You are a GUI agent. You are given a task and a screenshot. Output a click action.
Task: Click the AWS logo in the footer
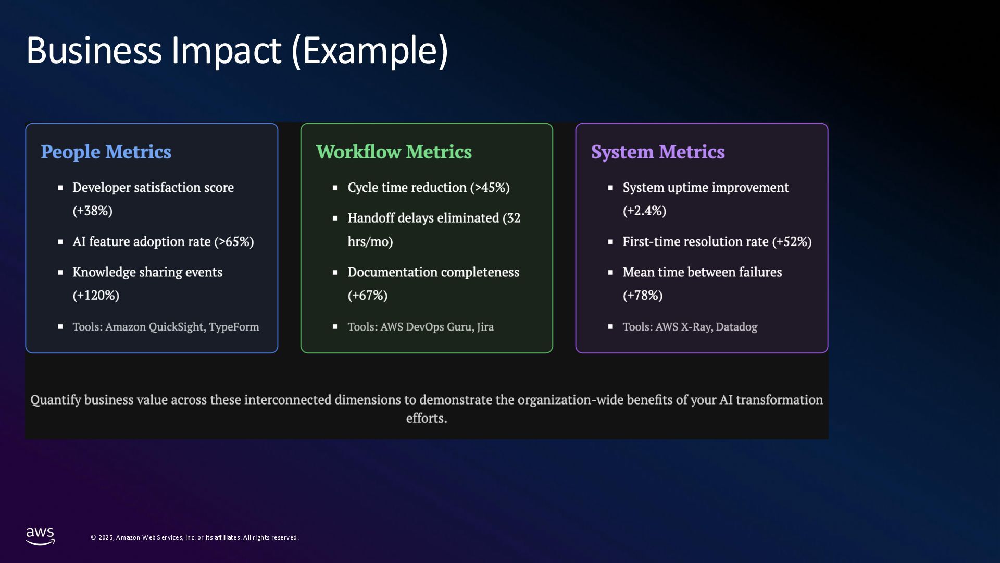point(40,536)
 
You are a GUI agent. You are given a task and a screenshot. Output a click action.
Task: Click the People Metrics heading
point(106,152)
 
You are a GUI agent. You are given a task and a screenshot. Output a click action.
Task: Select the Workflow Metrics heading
point(394,152)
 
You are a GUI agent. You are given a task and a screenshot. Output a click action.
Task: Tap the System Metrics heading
point(658,152)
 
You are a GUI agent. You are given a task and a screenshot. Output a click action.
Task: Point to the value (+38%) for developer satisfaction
point(93,211)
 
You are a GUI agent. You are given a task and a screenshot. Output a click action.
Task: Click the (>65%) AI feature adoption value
point(234,241)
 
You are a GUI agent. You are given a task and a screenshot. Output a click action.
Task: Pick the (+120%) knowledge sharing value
point(96,295)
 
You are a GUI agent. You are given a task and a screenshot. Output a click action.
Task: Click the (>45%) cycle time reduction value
point(490,187)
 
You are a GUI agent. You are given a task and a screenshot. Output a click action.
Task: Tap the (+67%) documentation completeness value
point(368,295)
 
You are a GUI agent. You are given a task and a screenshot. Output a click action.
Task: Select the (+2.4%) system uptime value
point(644,211)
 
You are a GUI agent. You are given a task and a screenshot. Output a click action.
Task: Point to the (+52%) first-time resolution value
point(792,241)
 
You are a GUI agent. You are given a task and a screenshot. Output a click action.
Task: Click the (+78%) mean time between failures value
point(643,295)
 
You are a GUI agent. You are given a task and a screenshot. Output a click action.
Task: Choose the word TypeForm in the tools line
point(234,327)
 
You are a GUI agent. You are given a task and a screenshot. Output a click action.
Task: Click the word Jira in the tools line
point(485,327)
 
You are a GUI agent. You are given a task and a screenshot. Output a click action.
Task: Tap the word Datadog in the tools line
point(736,327)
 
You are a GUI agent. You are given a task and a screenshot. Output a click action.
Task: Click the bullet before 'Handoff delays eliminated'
point(335,218)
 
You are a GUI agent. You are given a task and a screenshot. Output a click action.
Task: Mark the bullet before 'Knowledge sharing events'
point(60,272)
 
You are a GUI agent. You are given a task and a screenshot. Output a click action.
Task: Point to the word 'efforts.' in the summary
point(427,418)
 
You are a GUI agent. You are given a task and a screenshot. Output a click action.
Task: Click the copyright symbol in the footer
point(94,537)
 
